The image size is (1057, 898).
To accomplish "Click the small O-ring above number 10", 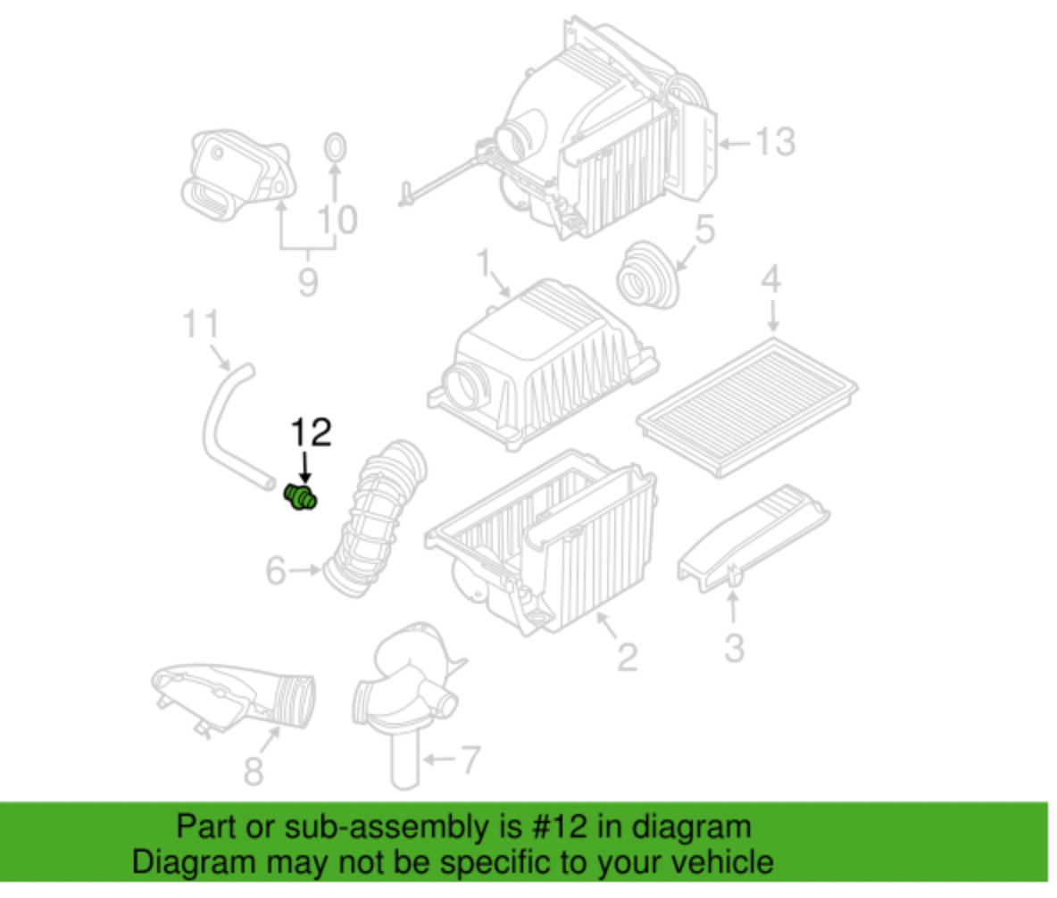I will [x=334, y=148].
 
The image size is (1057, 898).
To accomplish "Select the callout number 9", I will [x=307, y=283].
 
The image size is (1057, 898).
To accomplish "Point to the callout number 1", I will [x=483, y=264].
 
